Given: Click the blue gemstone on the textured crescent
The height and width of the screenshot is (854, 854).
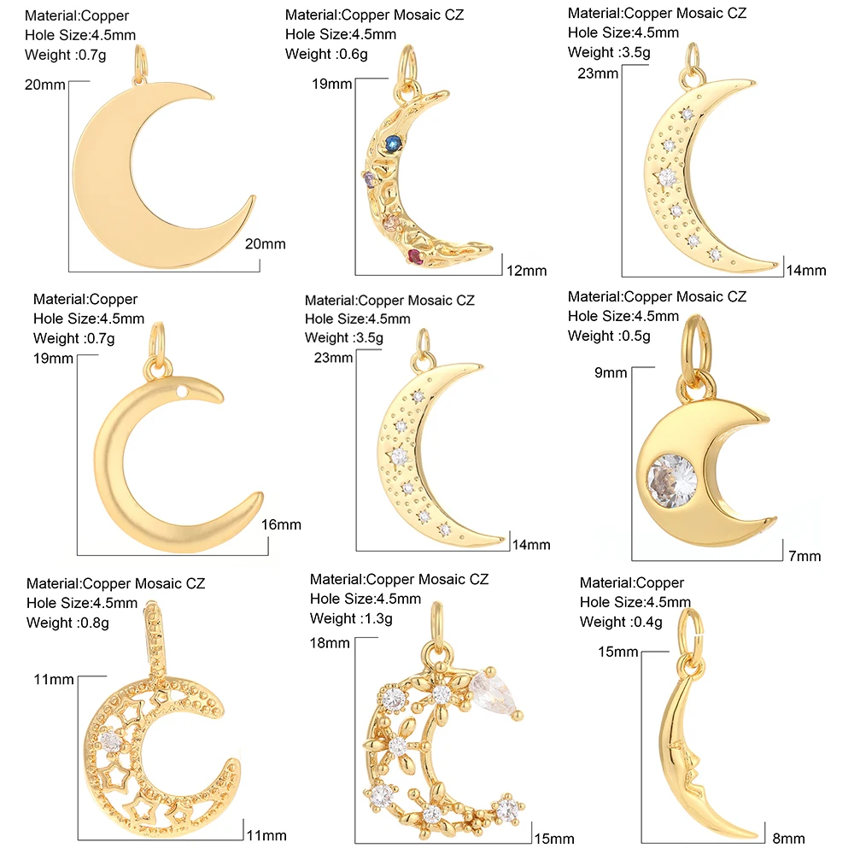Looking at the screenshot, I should click(x=393, y=142).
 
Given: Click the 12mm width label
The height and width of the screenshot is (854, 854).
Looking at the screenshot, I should click(x=525, y=271).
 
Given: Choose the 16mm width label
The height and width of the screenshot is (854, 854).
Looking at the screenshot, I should click(x=281, y=524).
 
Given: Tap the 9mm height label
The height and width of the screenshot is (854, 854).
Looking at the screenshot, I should click(x=611, y=373).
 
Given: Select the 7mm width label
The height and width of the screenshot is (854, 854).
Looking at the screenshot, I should click(x=804, y=556).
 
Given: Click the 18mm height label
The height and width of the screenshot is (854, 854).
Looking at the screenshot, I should click(x=332, y=642).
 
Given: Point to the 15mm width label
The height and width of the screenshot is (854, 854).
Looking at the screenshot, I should click(x=554, y=839).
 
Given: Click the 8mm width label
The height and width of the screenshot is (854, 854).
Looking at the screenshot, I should click(x=788, y=839).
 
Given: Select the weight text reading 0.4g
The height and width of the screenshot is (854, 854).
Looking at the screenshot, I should click(x=621, y=622).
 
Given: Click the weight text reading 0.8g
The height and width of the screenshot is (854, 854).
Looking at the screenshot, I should click(x=67, y=623).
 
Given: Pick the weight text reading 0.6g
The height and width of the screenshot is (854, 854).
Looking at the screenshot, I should click(x=325, y=55).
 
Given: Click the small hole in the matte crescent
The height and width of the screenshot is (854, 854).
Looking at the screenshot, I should click(x=183, y=391).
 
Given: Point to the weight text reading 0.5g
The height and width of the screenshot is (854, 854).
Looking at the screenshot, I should click(x=609, y=336).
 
